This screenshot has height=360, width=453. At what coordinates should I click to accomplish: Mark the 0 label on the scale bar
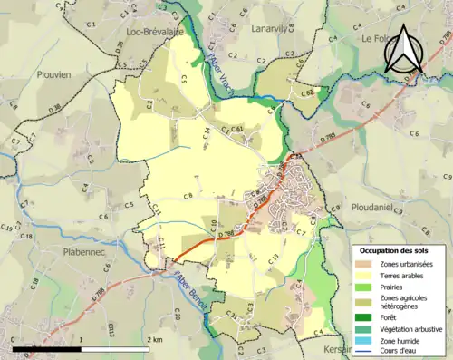pyautogui.click(x=14, y=338)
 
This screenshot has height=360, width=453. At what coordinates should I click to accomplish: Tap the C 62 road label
pyautogui.click(x=308, y=92)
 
